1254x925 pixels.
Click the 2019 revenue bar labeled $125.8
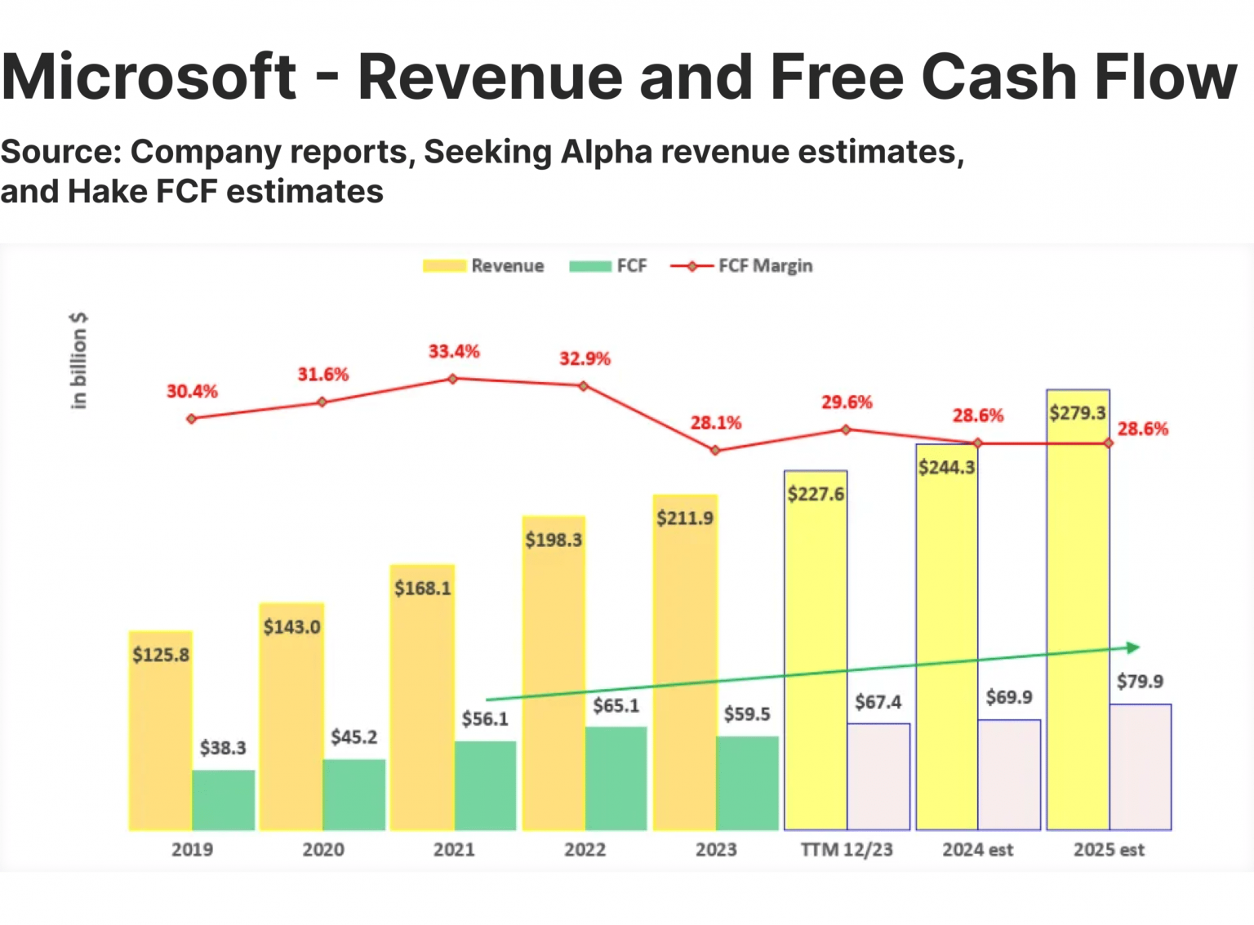pos(161,735)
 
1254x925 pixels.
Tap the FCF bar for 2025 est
pos(1140,767)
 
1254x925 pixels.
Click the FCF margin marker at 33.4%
pos(453,379)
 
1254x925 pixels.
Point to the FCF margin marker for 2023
pos(715,450)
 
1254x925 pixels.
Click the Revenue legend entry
pos(484,266)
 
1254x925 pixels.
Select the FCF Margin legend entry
pos(741,266)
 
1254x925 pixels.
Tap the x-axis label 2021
pos(454,850)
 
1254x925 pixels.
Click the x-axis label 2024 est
pos(977,850)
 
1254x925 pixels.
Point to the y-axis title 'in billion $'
pos(78,360)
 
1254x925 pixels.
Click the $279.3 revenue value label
pos(1077,413)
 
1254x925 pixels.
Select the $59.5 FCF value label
pos(746,714)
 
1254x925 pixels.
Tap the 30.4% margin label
pos(192,391)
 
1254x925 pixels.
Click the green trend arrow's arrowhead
pos(1133,647)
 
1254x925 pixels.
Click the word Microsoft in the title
pos(149,77)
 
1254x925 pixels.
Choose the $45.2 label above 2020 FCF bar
pos(354,737)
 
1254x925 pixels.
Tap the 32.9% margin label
pos(585,358)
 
